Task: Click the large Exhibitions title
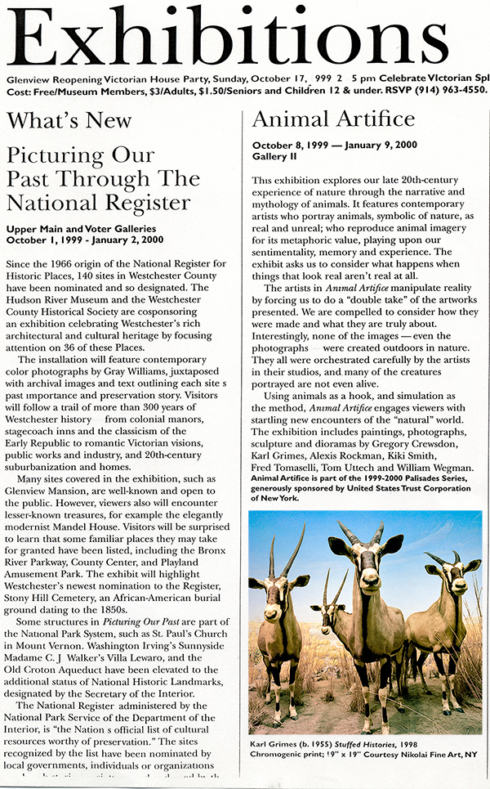tap(245, 37)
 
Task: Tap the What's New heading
tap(69, 121)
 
